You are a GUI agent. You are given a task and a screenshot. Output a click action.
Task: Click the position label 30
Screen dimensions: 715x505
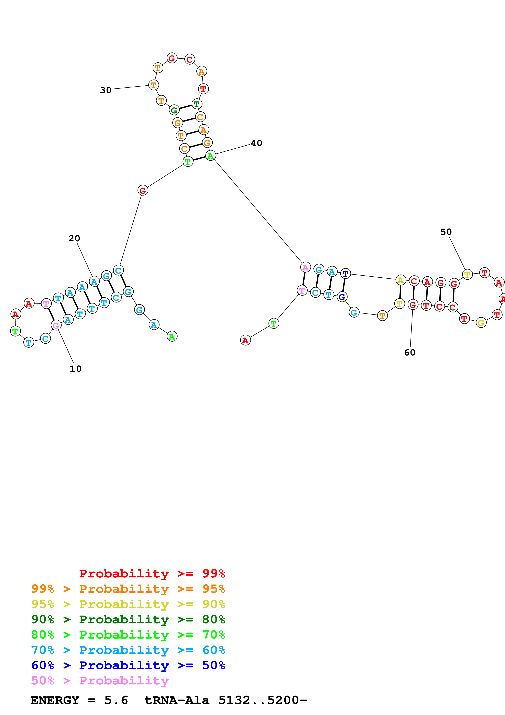pos(106,90)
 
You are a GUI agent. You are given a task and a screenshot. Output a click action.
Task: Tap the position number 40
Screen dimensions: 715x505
pos(256,143)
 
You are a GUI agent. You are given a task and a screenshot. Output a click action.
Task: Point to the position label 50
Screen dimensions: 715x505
pos(446,232)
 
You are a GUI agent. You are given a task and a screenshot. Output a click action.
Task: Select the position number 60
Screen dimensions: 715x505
pos(409,353)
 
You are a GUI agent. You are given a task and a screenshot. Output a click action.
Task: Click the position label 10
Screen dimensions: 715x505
pos(75,369)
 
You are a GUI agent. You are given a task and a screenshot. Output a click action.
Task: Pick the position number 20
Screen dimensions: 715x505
pos(74,238)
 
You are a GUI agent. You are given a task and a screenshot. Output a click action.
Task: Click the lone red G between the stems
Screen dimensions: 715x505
pos(143,190)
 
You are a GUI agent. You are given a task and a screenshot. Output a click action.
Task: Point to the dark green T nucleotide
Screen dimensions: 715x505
pos(197,104)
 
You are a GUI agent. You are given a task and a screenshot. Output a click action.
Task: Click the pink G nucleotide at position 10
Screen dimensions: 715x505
pos(56,326)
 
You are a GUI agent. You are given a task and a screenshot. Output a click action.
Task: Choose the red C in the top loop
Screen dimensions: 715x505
pos(189,60)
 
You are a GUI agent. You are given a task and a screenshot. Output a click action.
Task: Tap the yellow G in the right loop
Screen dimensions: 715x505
pos(481,323)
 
